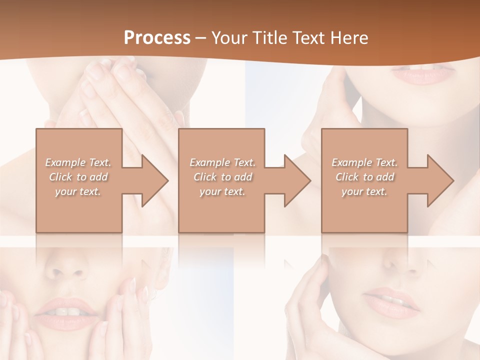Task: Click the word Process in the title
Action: click(x=157, y=38)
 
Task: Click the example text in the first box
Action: click(x=78, y=177)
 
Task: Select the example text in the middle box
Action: click(x=222, y=177)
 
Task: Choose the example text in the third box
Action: click(x=364, y=177)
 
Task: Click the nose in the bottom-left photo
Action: click(x=70, y=270)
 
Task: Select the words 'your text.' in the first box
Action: click(x=78, y=191)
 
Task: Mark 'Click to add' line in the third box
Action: click(x=364, y=177)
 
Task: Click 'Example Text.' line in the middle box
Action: click(x=222, y=162)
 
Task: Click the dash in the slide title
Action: click(x=200, y=38)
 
